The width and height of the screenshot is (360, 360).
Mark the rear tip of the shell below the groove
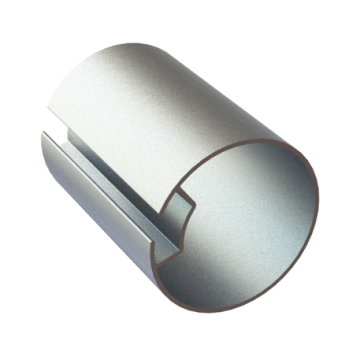point(42,133)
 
